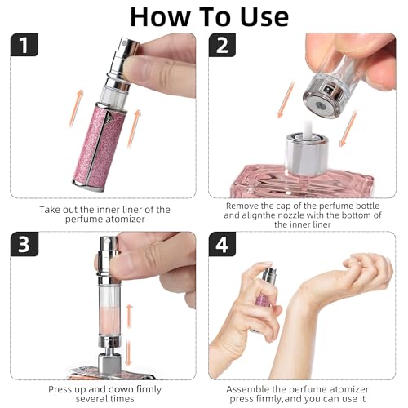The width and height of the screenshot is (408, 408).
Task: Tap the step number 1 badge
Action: coord(24,47)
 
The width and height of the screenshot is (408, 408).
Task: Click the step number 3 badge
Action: coord(24,246)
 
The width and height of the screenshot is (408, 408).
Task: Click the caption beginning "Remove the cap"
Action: coord(303,215)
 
